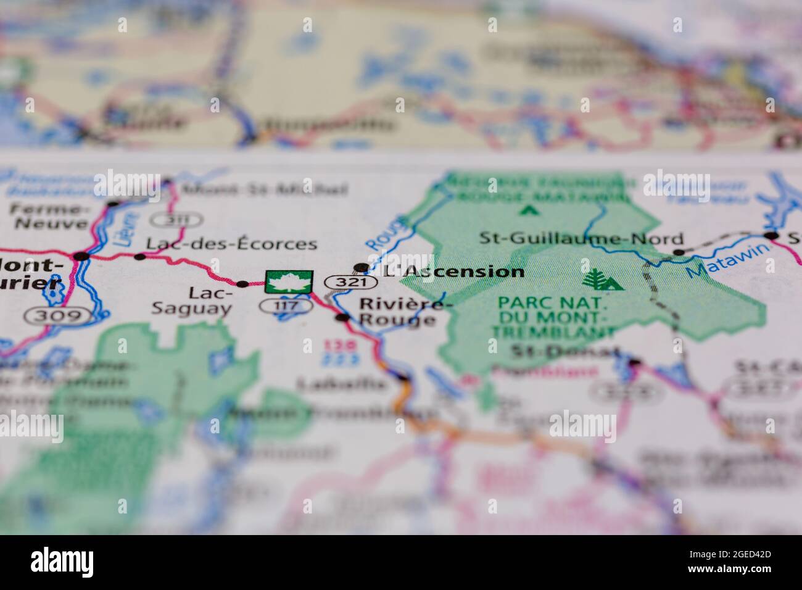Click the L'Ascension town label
tap(453, 272)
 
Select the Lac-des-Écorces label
tap(232, 244)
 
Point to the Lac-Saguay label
tap(192, 301)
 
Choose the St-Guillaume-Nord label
tap(582, 239)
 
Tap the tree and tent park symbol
tap(601, 280)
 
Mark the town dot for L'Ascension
tap(361, 267)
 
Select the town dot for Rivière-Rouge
tap(342, 318)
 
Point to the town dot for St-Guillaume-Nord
tap(679, 252)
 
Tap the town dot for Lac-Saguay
tap(242, 284)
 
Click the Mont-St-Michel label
tap(265, 189)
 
